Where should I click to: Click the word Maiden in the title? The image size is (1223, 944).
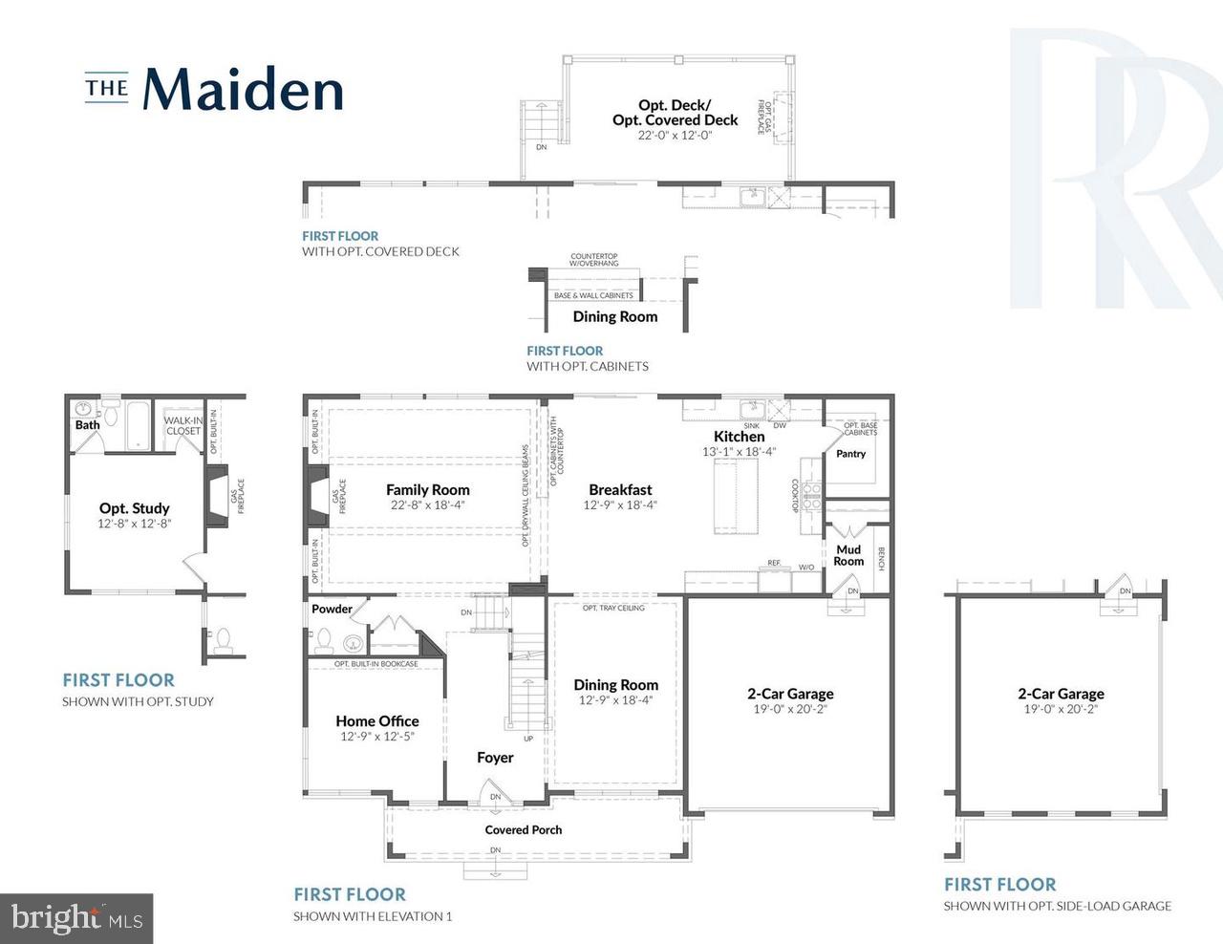[243, 89]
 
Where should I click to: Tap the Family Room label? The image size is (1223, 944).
[427, 489]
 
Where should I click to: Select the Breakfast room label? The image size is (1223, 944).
[620, 489]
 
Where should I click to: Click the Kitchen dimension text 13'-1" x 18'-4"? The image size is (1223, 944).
[739, 452]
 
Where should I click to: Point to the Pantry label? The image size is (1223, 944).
[850, 454]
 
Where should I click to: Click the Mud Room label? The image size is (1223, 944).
[848, 555]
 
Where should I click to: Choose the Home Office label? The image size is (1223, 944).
[376, 721]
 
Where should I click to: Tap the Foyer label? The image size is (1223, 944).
[495, 758]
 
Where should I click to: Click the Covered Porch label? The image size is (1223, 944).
[523, 829]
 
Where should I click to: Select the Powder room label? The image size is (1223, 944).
[332, 609]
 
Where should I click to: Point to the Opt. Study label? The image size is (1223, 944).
[134, 508]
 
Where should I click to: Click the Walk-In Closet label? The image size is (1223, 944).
[182, 425]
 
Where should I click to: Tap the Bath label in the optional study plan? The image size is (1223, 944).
[87, 425]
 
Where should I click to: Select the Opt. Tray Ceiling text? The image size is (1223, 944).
[613, 609]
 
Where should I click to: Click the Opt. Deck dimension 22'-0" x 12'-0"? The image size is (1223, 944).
[675, 136]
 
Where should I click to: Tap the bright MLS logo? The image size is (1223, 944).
[75, 918]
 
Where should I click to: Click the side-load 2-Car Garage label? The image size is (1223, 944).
[1061, 694]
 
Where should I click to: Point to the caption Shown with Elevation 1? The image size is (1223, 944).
[373, 916]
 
